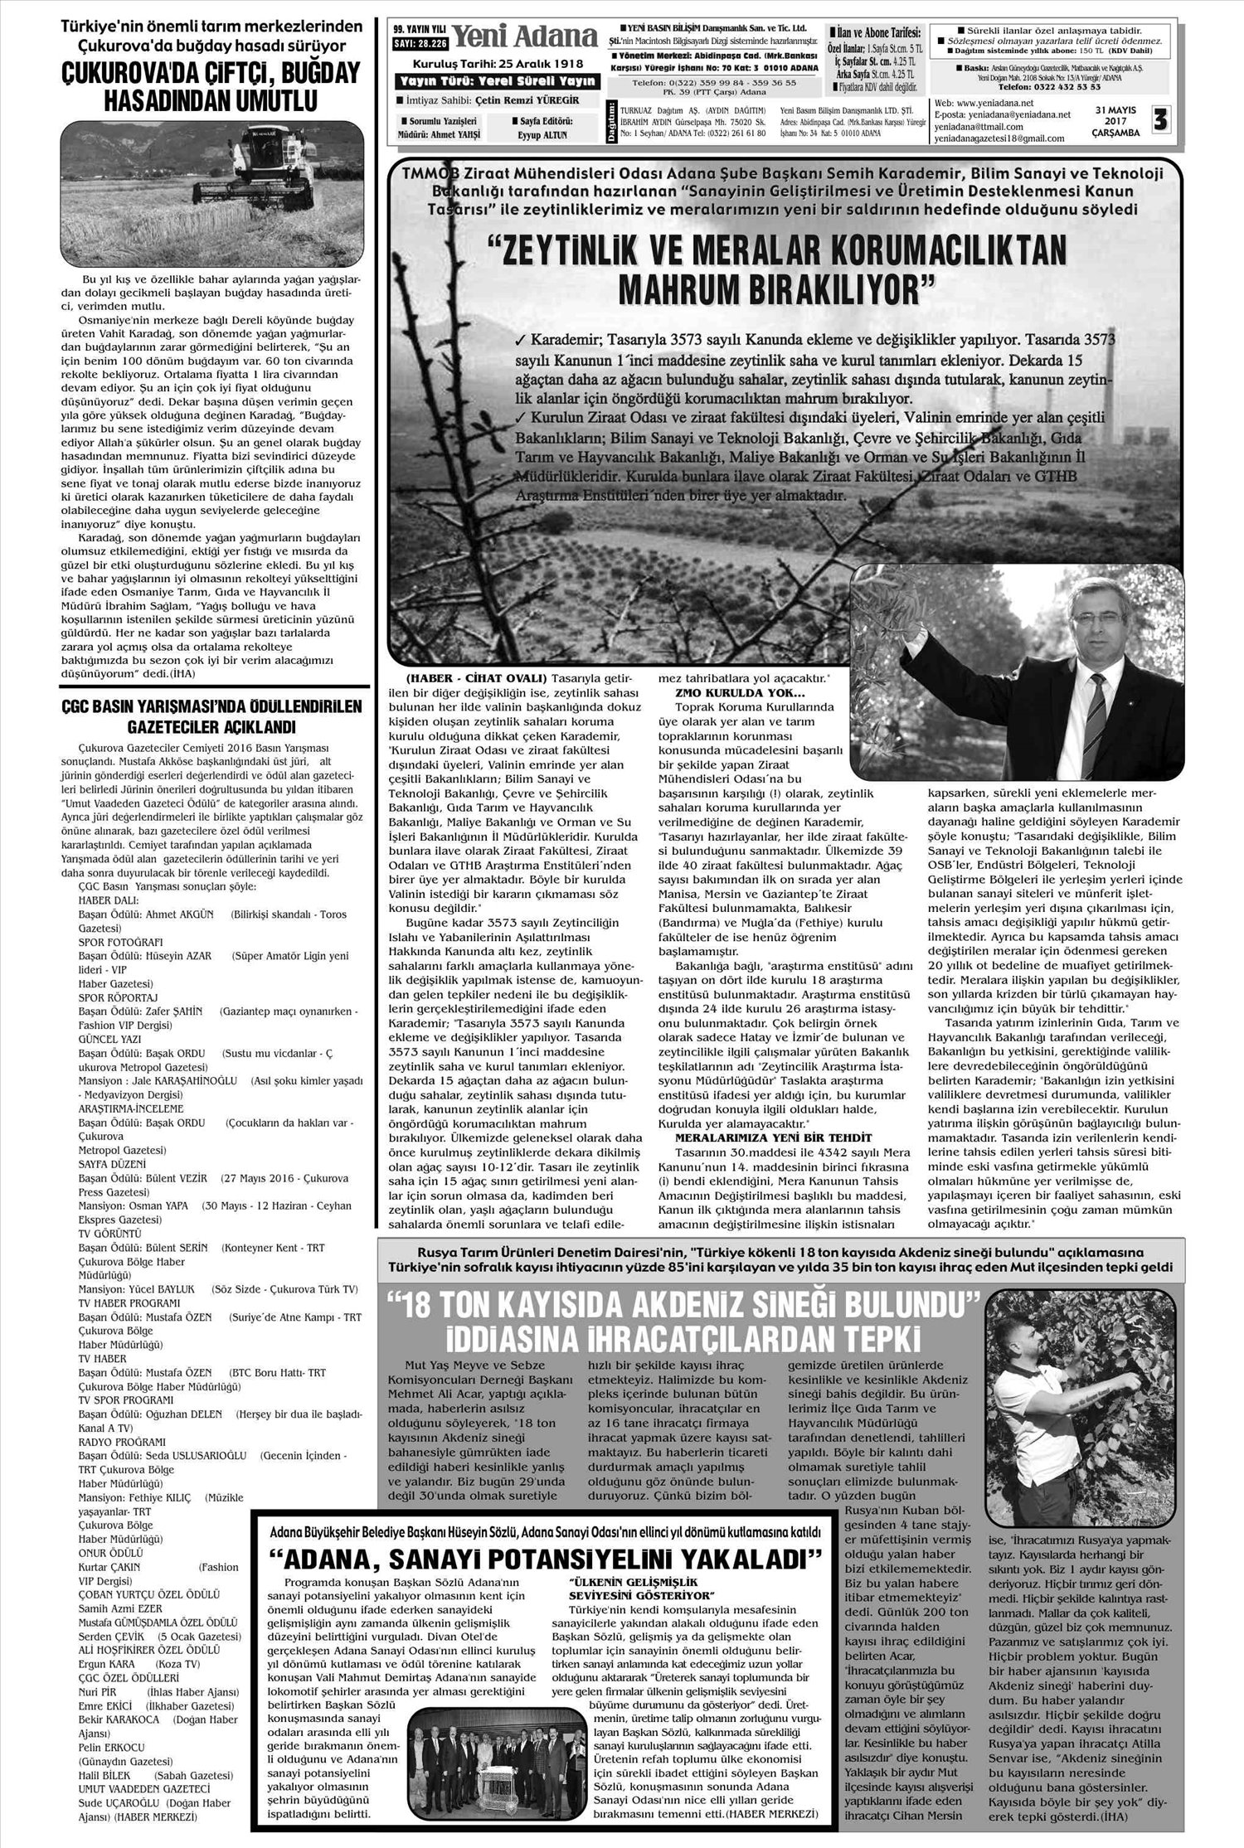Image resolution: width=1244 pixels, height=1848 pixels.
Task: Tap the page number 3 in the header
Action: click(x=1159, y=120)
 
